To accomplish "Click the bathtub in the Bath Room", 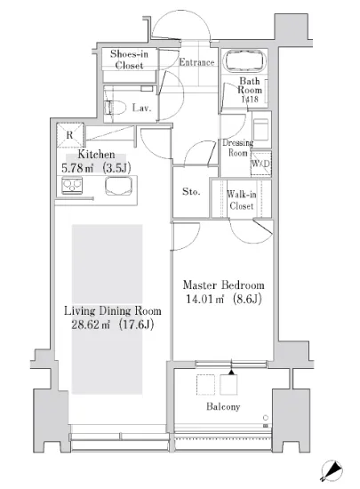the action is pyautogui.click(x=245, y=61).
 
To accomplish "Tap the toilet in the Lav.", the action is pyautogui.click(x=115, y=108).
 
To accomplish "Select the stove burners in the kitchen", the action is pyautogui.click(x=72, y=186).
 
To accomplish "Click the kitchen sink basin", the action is pyautogui.click(x=118, y=186).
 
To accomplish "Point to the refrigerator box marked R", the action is pyautogui.click(x=70, y=135).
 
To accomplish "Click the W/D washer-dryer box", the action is pyautogui.click(x=260, y=164).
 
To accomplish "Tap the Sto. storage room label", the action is pyautogui.click(x=191, y=191).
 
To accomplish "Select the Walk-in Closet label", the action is pyautogui.click(x=241, y=200).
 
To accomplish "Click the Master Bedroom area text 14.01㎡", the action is pyautogui.click(x=204, y=299).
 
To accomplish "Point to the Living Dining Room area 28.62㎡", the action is pyautogui.click(x=91, y=325).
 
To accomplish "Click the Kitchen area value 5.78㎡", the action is pyautogui.click(x=77, y=168).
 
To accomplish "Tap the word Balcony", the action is pyautogui.click(x=223, y=406).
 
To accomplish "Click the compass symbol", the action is pyautogui.click(x=332, y=470).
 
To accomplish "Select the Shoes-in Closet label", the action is pyautogui.click(x=129, y=60).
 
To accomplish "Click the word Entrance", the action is pyautogui.click(x=196, y=62).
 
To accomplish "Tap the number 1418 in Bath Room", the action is pyautogui.click(x=250, y=100).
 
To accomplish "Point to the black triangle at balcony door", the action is pyautogui.click(x=231, y=372).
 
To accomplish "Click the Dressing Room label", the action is pyautogui.click(x=237, y=148).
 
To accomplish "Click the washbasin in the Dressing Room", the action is pyautogui.click(x=260, y=130).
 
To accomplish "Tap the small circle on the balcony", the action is pyautogui.click(x=266, y=418).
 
